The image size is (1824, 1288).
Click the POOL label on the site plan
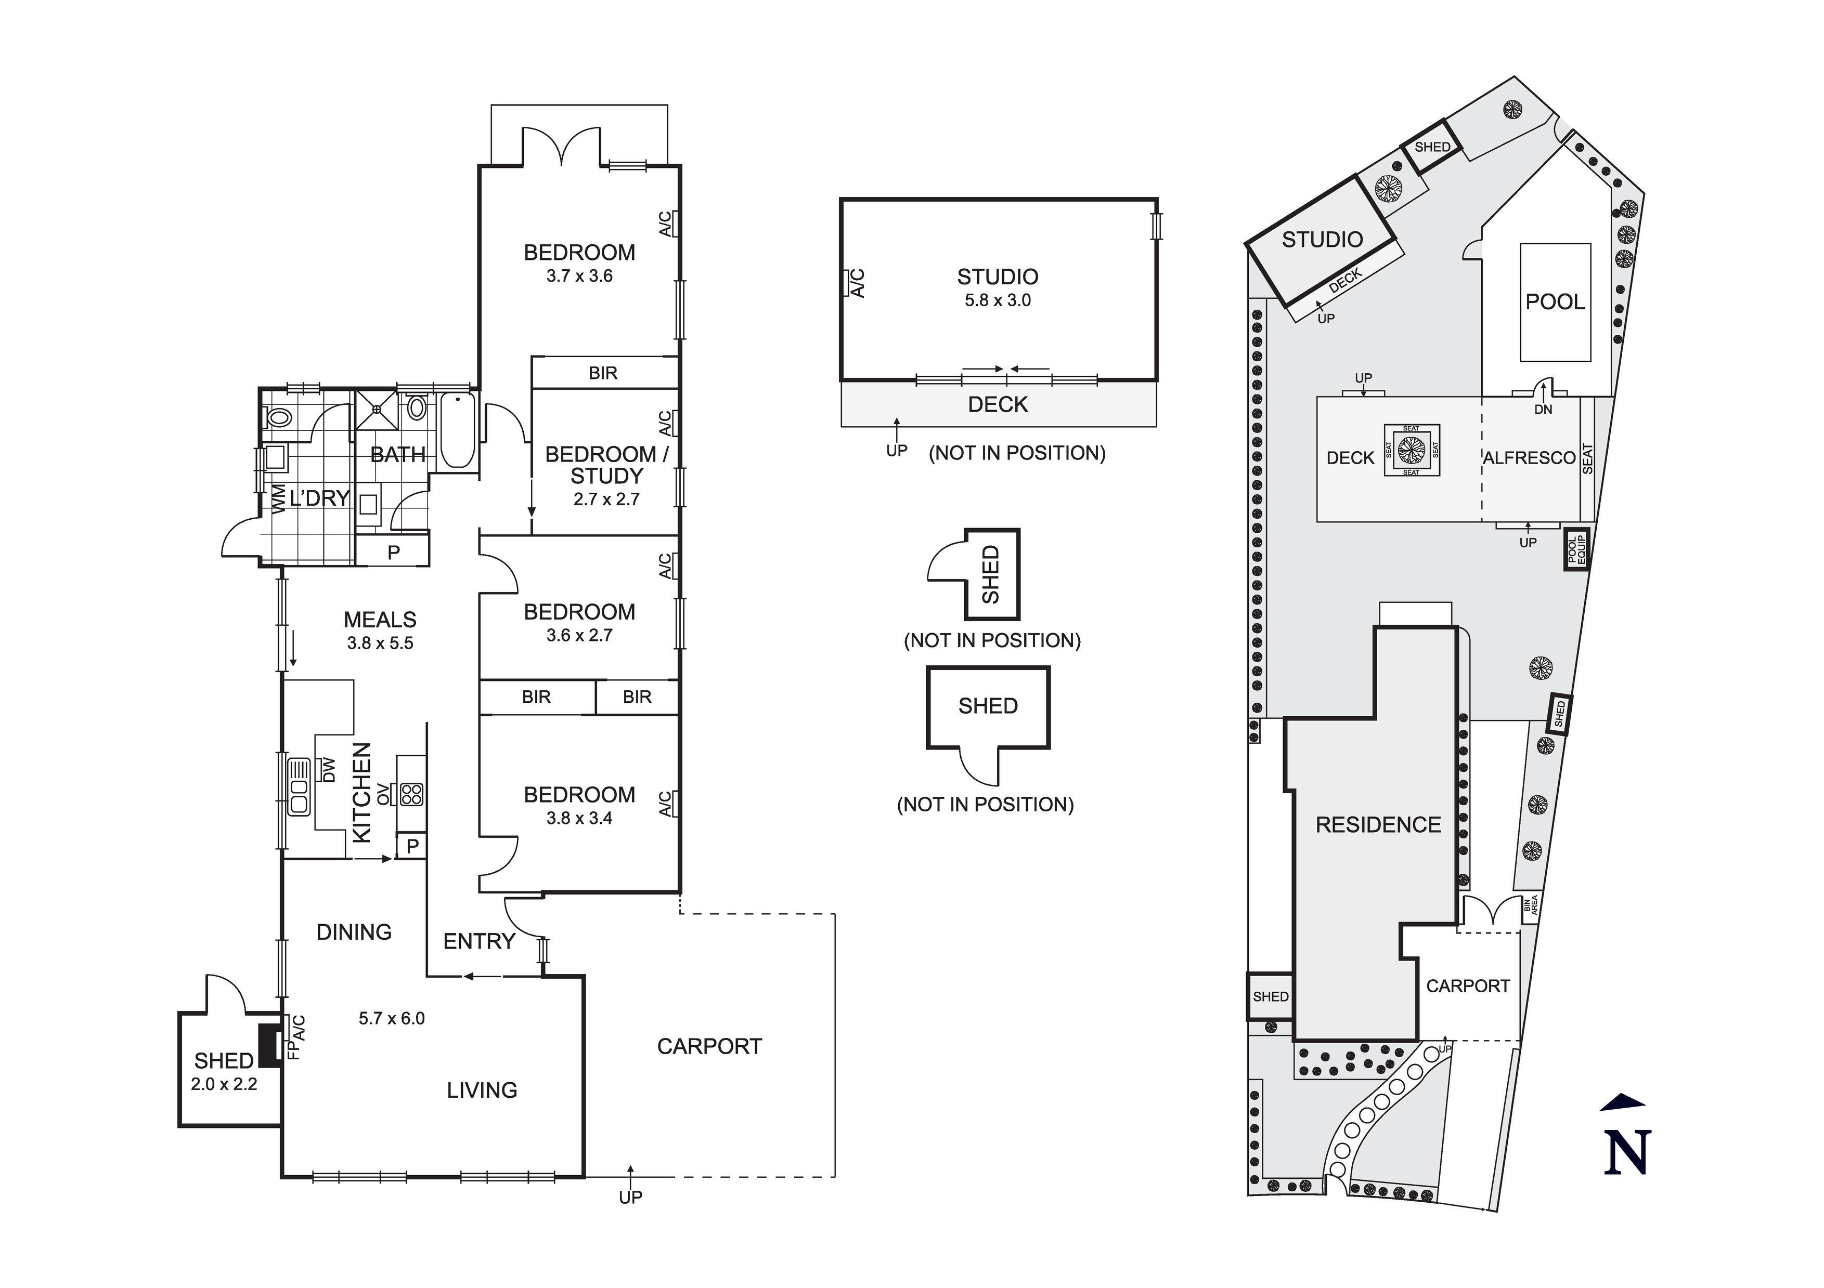(x=1555, y=302)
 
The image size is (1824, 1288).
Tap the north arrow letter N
(x=1627, y=1152)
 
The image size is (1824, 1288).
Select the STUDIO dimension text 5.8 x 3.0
(x=998, y=300)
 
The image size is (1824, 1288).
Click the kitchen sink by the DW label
(x=299, y=786)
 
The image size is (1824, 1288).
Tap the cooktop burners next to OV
(x=411, y=794)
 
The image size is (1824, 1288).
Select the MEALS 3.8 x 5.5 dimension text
(x=380, y=643)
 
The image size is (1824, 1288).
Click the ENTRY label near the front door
(x=479, y=942)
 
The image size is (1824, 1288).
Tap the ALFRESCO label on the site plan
(x=1529, y=458)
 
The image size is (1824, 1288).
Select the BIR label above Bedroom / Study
(x=603, y=373)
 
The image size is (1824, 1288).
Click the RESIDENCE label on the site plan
(x=1378, y=825)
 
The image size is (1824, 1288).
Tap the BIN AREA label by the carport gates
(x=1530, y=905)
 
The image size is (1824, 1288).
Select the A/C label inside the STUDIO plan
(x=857, y=283)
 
